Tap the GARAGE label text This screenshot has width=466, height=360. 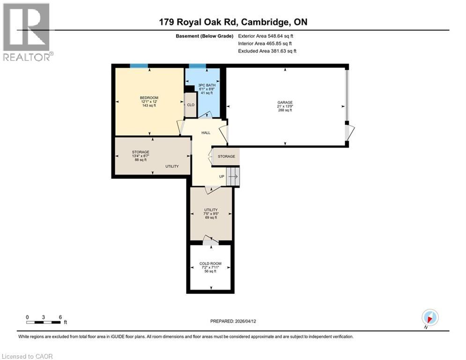point(285,102)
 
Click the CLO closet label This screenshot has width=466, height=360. point(191,105)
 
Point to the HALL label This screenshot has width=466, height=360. point(206,133)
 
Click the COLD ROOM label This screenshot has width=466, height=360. point(210,263)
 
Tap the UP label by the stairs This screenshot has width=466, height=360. point(222,177)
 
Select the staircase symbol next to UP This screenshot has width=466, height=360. point(233,177)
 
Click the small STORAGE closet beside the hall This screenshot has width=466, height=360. point(226,157)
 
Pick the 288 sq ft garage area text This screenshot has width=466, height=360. point(285,110)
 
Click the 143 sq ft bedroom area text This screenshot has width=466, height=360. point(149,106)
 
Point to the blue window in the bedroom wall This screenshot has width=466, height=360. point(139,66)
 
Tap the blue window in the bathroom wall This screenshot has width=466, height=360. point(197,66)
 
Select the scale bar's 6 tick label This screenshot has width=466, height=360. point(60,317)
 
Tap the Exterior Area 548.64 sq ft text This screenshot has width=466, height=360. point(266,36)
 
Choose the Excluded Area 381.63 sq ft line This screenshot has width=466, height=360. point(267,51)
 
